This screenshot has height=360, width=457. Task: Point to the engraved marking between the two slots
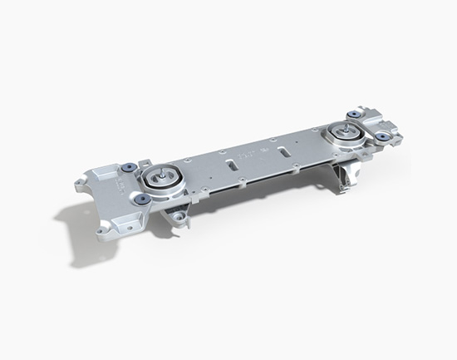249,155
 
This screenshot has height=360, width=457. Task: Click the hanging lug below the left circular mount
178,218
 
